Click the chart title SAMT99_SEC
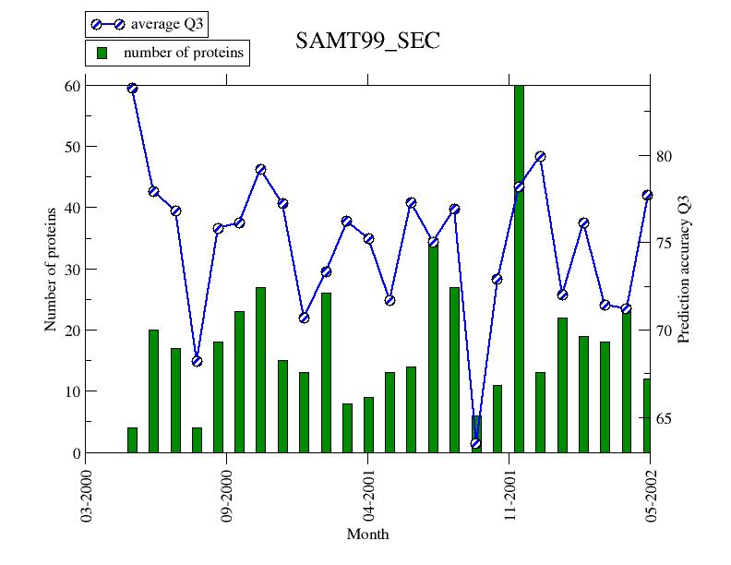367,41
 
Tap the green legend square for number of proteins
102,53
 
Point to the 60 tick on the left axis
74,86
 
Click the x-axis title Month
367,535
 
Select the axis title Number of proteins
51,269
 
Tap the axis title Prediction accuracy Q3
684,269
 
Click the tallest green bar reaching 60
519,268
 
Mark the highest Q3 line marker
132,88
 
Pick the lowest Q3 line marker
475,443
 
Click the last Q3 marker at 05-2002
647,195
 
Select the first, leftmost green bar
132,440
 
